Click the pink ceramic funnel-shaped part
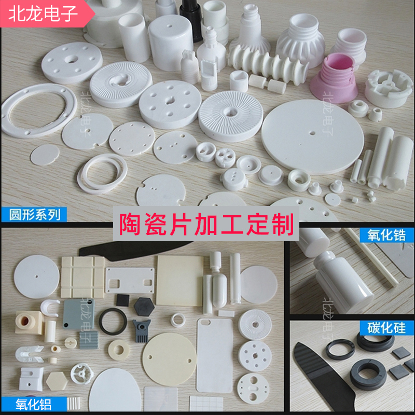(339, 78)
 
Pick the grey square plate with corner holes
(79, 313)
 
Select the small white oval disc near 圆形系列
(45, 154)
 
